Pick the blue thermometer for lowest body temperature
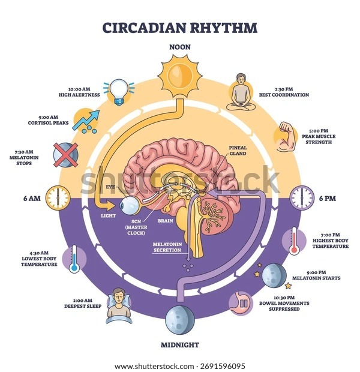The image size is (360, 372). (x=73, y=259)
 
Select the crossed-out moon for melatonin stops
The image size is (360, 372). (x=65, y=156)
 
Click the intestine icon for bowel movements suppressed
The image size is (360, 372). (x=242, y=303)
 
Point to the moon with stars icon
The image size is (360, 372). (x=273, y=275)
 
